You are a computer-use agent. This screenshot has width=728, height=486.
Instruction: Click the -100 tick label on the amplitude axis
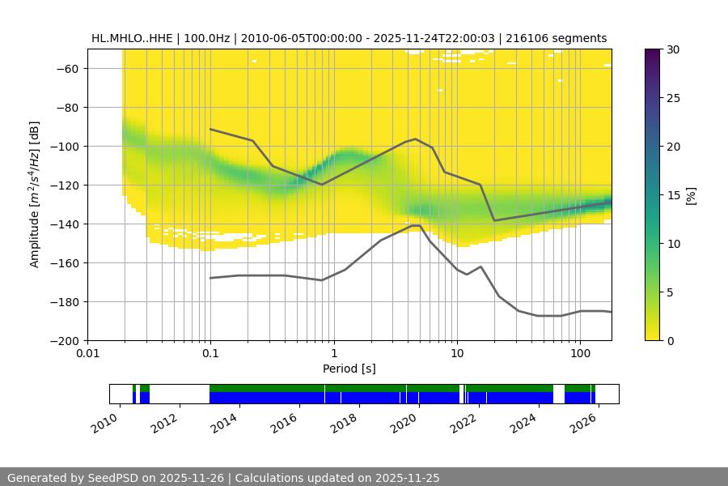click(67, 147)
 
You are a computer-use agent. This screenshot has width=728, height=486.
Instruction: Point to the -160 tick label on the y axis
click(67, 263)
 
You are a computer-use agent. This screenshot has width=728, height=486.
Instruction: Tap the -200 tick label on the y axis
click(67, 341)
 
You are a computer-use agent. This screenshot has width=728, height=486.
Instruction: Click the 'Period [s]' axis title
click(349, 369)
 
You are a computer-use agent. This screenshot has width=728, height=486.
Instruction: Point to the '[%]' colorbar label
click(691, 195)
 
